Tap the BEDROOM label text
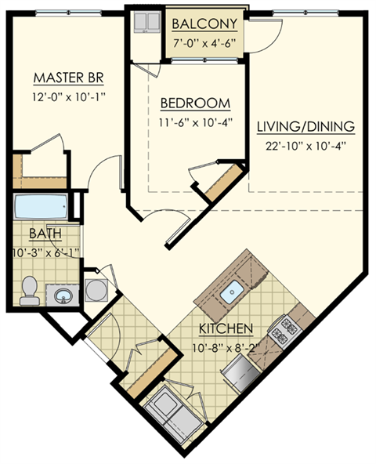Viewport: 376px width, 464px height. pyautogui.click(x=195, y=103)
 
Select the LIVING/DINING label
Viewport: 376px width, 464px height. pyautogui.click(x=305, y=126)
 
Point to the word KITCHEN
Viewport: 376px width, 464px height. pyautogui.click(x=225, y=328)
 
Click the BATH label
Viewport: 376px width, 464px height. pyautogui.click(x=42, y=234)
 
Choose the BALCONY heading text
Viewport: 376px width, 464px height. pyautogui.click(x=206, y=24)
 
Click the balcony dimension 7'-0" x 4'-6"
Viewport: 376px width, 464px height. pyautogui.click(x=206, y=42)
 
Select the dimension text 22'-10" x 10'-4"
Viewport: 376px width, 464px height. pyautogui.click(x=305, y=145)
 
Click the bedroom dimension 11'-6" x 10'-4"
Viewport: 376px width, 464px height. pyautogui.click(x=195, y=122)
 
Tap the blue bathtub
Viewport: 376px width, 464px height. pyautogui.click(x=42, y=208)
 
